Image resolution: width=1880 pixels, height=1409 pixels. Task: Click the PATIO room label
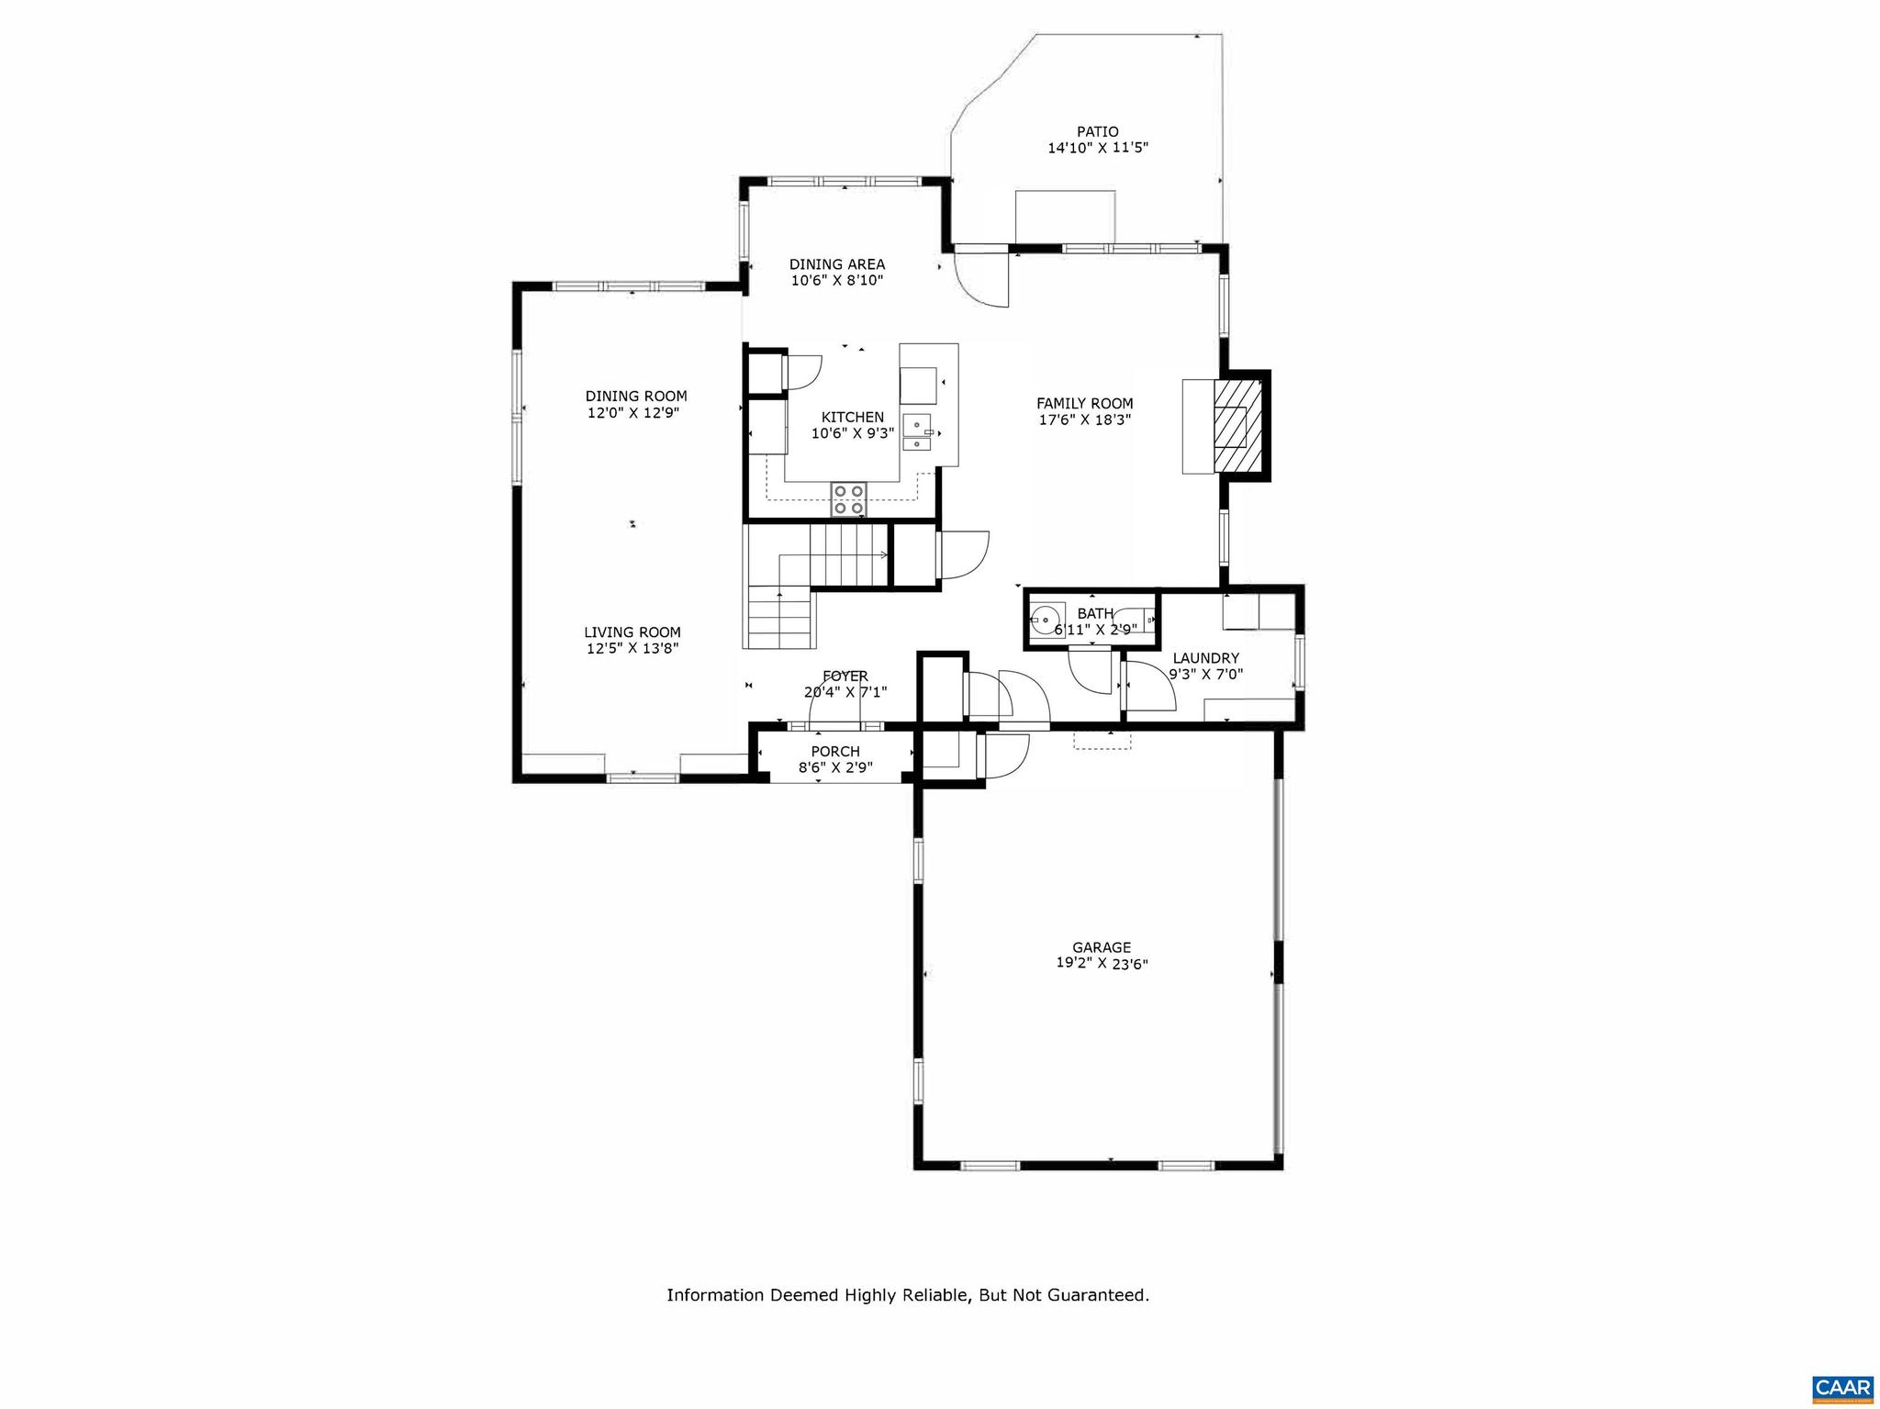pyautogui.click(x=1097, y=132)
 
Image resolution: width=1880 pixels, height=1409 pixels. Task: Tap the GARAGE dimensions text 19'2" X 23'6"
pyautogui.click(x=1102, y=964)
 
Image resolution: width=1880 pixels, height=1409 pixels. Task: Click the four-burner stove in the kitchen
pyautogui.click(x=848, y=498)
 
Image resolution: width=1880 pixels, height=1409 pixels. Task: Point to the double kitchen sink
pyautogui.click(x=917, y=432)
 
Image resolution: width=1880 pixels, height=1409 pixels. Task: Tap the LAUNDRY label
pyautogui.click(x=1205, y=658)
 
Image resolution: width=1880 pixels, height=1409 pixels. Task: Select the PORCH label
pyautogui.click(x=834, y=752)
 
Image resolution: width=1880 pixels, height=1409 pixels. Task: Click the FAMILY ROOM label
pyautogui.click(x=1084, y=403)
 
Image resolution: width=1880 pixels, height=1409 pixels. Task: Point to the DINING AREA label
pyautogui.click(x=836, y=264)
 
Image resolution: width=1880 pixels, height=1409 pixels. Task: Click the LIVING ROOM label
pyautogui.click(x=632, y=632)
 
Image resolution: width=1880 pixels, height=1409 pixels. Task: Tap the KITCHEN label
pyautogui.click(x=852, y=417)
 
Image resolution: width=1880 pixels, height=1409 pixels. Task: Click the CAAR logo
pyautogui.click(x=1842, y=1387)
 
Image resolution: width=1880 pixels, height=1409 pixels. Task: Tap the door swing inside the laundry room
pyautogui.click(x=1147, y=687)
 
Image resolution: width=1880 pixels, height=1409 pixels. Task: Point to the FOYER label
pyautogui.click(x=845, y=677)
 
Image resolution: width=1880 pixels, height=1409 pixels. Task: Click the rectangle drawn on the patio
pyautogui.click(x=1064, y=216)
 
